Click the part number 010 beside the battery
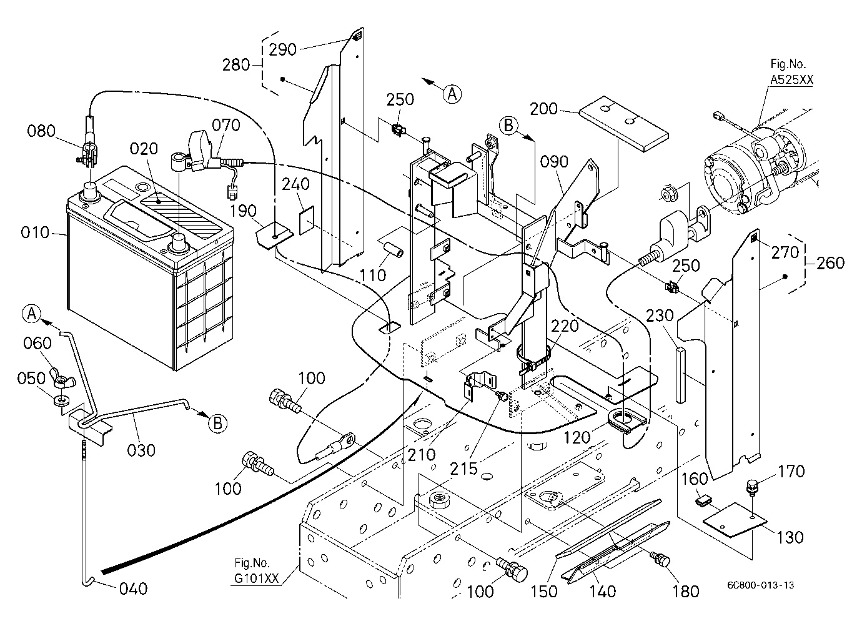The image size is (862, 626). point(35,232)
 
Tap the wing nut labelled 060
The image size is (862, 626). point(62,378)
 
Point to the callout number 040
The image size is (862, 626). point(133,589)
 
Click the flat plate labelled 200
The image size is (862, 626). point(624,124)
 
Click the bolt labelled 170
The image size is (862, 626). point(751,487)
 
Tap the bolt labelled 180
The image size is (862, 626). point(661,559)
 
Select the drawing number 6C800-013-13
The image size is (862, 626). point(760,585)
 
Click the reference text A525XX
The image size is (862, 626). point(791,80)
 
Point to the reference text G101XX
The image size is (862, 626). point(256,579)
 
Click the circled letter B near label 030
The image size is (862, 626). point(217,424)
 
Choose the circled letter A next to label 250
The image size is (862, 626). point(452,94)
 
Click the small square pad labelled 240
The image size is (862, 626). point(307,220)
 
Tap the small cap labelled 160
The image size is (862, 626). point(703,501)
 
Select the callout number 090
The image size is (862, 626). point(554,162)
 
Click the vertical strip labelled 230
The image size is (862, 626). point(681,375)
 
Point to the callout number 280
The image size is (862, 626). point(236,65)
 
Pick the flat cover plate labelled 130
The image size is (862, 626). point(735,519)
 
